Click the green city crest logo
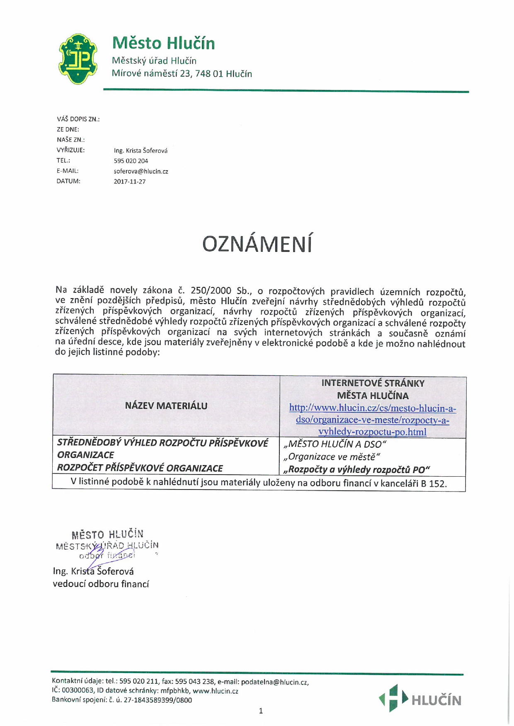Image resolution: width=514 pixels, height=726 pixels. (78, 59)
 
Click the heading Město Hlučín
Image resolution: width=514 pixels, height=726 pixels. (163, 43)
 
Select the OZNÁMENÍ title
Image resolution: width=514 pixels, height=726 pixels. (257, 244)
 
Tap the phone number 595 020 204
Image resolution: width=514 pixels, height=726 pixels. (131, 161)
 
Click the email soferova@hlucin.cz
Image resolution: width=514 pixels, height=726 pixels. (141, 171)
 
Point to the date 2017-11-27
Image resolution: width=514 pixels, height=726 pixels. (129, 181)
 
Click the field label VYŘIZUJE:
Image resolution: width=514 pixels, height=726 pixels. (70, 150)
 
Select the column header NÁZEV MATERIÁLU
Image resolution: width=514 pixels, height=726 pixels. (166, 406)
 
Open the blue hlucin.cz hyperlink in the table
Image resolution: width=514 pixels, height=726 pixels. (372, 420)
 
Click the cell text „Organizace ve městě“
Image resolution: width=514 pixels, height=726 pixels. (331, 457)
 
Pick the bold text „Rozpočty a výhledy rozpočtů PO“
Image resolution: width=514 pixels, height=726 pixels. (356, 469)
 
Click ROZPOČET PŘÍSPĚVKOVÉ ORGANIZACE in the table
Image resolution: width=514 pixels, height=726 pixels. (140, 468)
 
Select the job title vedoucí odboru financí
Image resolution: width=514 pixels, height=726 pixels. (101, 584)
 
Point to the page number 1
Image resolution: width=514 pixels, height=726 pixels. (261, 711)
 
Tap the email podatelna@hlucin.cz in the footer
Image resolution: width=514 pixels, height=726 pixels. (274, 682)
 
